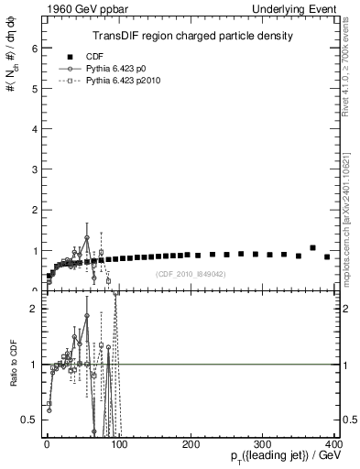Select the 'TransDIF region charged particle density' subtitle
pos(192,37)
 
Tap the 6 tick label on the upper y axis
pos(33,47)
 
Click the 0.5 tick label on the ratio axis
pos(27,420)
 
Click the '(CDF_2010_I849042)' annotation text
pos(191,275)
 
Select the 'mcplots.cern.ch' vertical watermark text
pos(349,220)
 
